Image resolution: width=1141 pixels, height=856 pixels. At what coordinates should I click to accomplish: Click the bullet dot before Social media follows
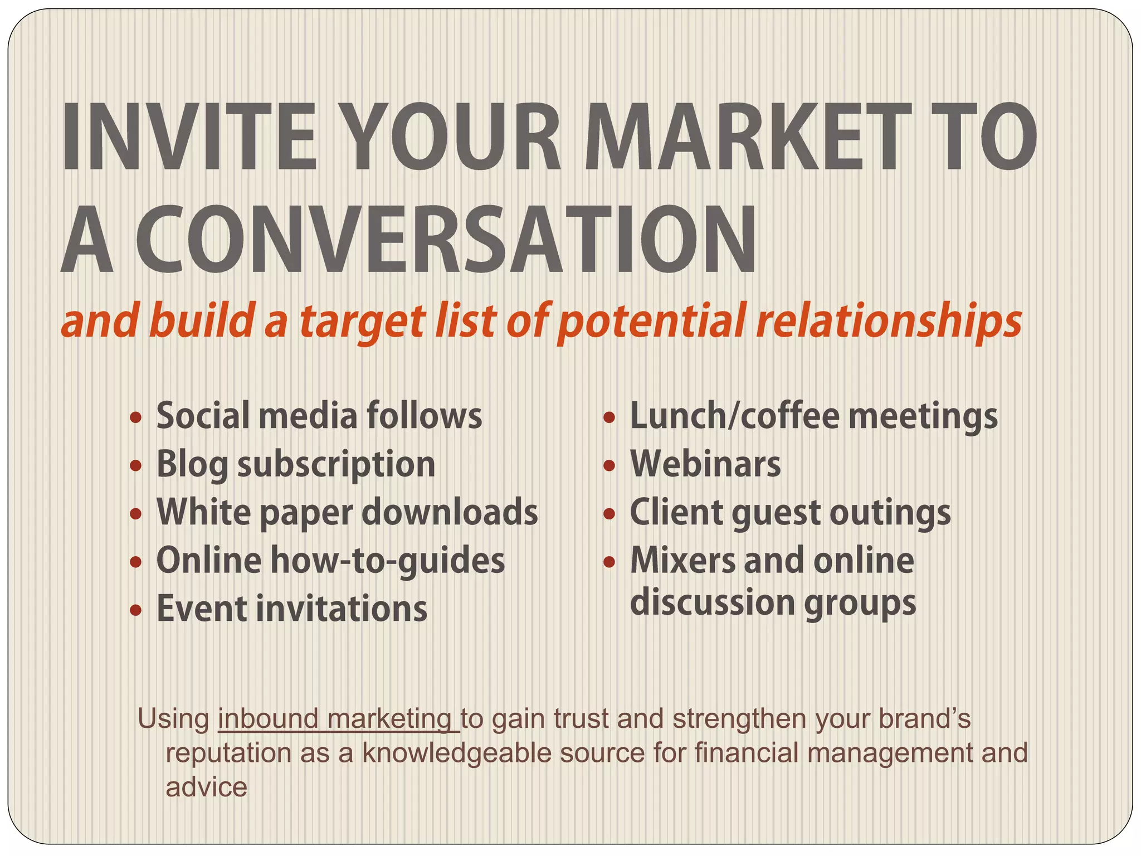(135, 417)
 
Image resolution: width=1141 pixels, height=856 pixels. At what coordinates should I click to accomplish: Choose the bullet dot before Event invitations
(135, 610)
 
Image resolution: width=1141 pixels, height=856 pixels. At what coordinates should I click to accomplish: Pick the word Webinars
(705, 464)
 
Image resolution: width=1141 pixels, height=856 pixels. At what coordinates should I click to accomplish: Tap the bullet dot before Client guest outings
(609, 513)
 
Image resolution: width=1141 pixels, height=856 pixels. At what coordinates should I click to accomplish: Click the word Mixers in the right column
(682, 561)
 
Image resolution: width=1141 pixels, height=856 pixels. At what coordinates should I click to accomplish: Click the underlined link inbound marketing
(337, 719)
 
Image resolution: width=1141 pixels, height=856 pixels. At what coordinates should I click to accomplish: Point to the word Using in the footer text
(173, 719)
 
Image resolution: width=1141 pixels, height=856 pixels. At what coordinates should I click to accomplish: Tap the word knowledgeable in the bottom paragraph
(457, 753)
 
